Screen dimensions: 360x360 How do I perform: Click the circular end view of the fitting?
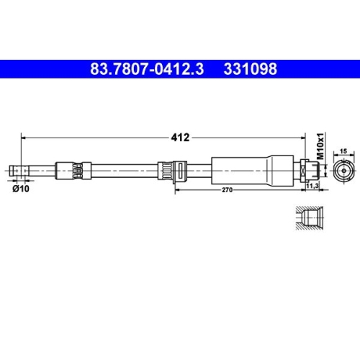(x=343, y=171)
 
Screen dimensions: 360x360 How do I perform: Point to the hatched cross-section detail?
(x=310, y=219)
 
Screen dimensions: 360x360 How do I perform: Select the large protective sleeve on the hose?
(x=252, y=171)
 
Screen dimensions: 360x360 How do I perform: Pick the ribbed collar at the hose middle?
(x=168, y=171)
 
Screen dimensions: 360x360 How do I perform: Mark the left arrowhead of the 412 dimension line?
(x=24, y=136)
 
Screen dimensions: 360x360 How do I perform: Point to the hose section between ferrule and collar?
(x=122, y=171)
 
